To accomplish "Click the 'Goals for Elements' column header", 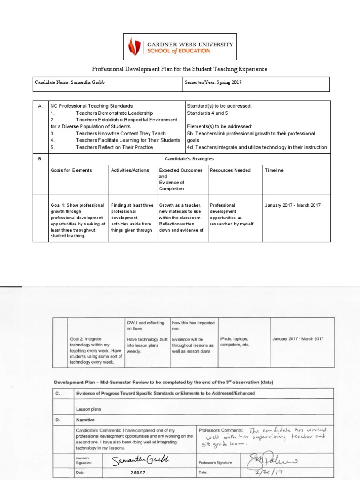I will coord(71,170).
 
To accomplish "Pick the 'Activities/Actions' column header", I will coord(127,170).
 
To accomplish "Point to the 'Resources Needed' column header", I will coord(230,170).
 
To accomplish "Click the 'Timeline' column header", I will coord(274,170).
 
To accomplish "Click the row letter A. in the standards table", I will coord(40,106).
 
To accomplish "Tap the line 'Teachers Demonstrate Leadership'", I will coord(114,113).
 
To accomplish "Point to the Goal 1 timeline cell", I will coord(292,205).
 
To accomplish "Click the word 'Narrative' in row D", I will coord(87,420).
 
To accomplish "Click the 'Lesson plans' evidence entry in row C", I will coord(89,409).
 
